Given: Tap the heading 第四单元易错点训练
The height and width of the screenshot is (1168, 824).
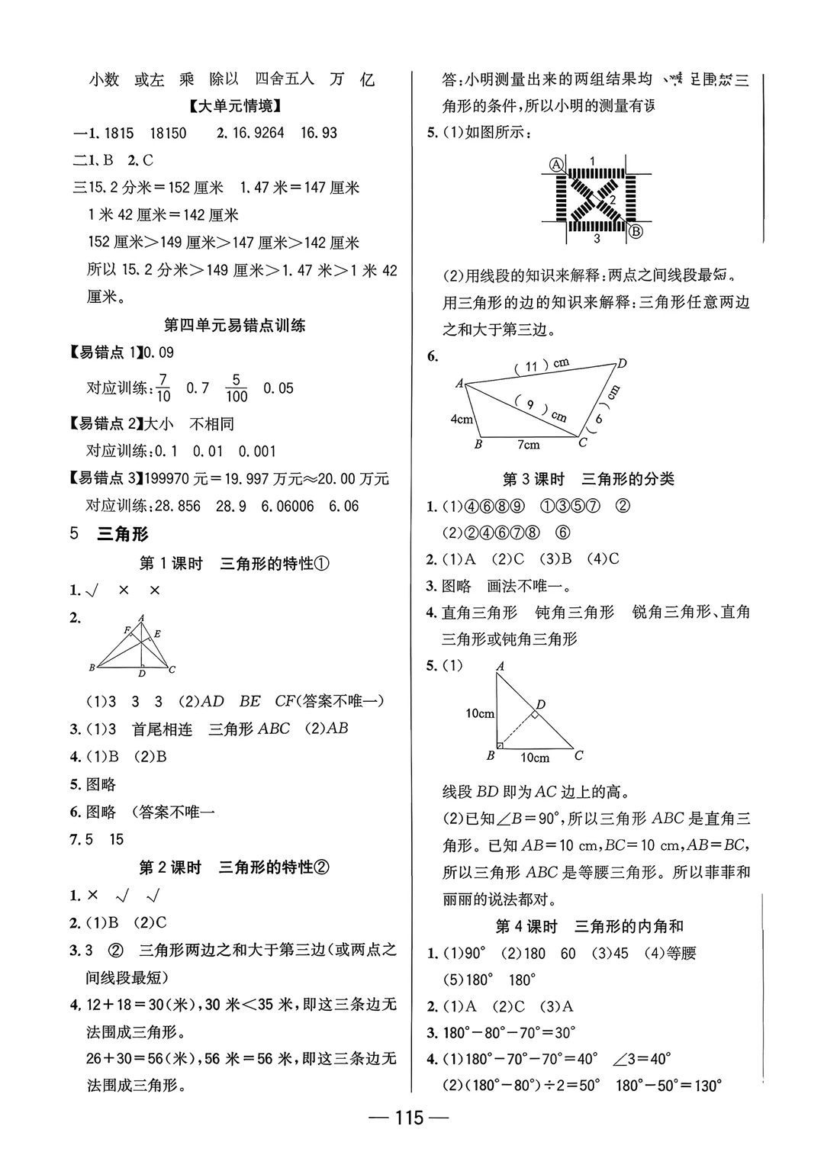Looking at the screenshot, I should pyautogui.click(x=235, y=325).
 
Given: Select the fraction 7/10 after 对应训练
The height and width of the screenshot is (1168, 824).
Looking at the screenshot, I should pyautogui.click(x=163, y=388).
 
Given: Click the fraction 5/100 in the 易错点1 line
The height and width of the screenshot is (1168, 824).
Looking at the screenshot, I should pyautogui.click(x=237, y=388).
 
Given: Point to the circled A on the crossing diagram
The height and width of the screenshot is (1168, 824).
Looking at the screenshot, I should pyautogui.click(x=557, y=164).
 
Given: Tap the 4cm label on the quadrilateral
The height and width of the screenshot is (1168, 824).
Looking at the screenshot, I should pyautogui.click(x=462, y=419).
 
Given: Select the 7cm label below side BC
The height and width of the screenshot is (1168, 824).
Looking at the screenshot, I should pyautogui.click(x=528, y=445).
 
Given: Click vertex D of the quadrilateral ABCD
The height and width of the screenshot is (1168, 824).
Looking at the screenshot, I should pyautogui.click(x=622, y=364).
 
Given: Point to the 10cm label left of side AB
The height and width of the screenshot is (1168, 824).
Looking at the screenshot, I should pyautogui.click(x=480, y=713).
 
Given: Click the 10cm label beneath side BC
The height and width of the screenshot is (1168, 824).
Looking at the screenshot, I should pyautogui.click(x=535, y=758).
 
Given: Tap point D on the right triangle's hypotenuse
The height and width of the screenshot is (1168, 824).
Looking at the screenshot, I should pyautogui.click(x=540, y=704).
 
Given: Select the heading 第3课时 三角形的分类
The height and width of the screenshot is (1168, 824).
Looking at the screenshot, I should pyautogui.click(x=588, y=479).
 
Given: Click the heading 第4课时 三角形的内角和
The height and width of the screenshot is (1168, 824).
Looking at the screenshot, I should pyautogui.click(x=589, y=926).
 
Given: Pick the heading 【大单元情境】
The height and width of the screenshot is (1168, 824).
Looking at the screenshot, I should pyautogui.click(x=235, y=106).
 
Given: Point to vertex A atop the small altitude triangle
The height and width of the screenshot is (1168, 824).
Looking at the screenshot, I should pyautogui.click(x=140, y=618).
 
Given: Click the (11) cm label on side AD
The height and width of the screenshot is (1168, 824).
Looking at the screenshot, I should pyautogui.click(x=542, y=365).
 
